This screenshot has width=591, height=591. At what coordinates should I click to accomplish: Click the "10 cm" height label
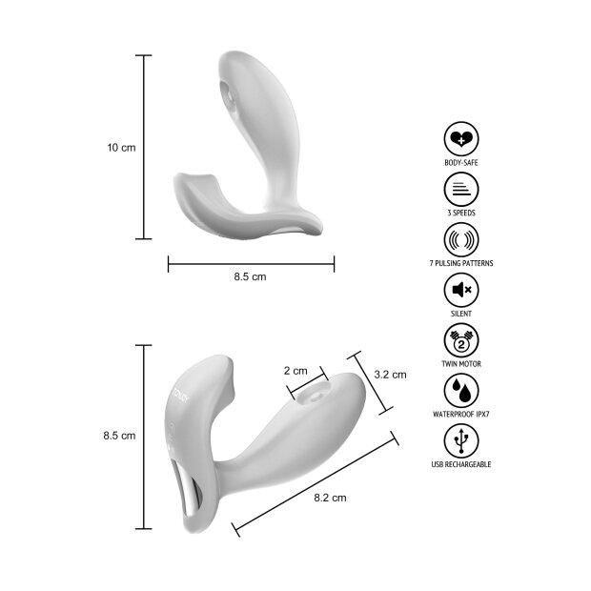[121, 148]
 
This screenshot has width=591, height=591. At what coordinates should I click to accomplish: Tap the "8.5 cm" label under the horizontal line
[250, 276]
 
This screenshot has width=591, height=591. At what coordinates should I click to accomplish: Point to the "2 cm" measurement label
[295, 370]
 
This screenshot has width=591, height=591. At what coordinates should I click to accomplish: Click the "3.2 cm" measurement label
[390, 375]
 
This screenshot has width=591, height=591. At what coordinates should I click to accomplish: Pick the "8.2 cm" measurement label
[330, 497]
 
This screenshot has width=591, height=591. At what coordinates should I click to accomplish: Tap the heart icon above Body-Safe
[461, 139]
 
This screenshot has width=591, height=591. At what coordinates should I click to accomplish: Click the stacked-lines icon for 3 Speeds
[461, 189]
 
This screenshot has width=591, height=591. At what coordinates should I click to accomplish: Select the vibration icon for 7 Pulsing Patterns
[461, 239]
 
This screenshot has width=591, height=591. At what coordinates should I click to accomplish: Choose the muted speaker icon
[461, 290]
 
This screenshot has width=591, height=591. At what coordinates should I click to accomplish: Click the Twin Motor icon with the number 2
[461, 340]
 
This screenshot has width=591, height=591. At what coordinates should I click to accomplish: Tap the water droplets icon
[461, 391]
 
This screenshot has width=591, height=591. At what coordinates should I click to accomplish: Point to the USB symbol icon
[461, 441]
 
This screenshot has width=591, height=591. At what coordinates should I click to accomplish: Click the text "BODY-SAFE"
[461, 163]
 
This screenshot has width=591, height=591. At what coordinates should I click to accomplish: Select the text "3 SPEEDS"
[461, 213]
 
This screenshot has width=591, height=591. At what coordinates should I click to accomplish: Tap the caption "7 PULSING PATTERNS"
[461, 263]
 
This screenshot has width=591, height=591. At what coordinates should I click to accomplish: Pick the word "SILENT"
[461, 314]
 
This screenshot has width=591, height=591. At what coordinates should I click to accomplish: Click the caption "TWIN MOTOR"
[461, 364]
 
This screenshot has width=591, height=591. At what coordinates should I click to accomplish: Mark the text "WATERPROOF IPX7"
[461, 415]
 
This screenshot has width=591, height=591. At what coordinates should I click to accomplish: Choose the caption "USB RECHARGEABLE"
[461, 465]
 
